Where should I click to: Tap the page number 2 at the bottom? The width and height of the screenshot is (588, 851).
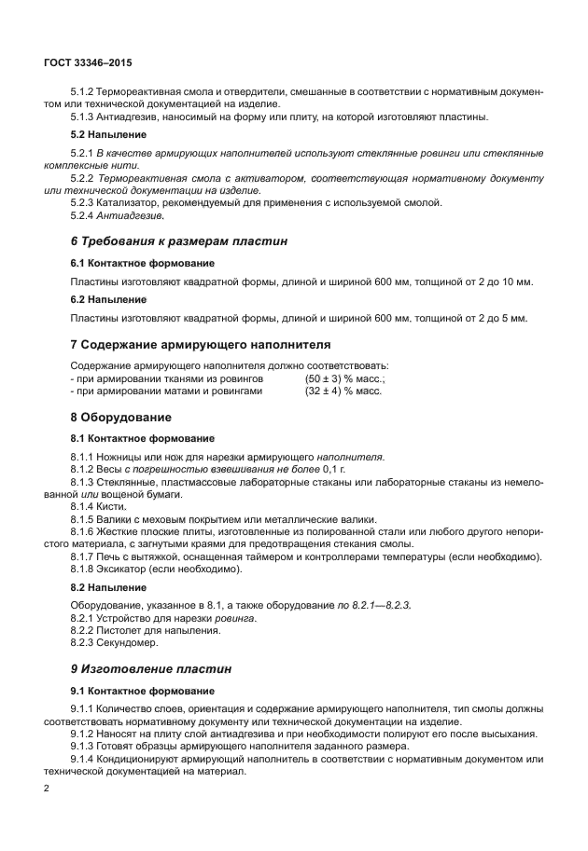pyautogui.click(x=47, y=789)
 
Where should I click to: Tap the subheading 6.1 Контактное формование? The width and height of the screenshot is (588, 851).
pyautogui.click(x=143, y=263)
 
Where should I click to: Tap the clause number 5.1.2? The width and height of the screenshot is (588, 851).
pyautogui.click(x=88, y=92)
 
